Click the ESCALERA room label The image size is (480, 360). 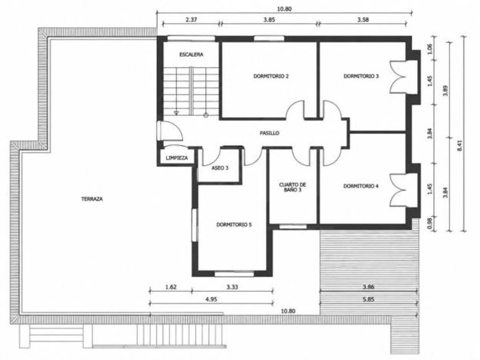(x=191, y=55)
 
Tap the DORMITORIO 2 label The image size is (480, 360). (x=271, y=76)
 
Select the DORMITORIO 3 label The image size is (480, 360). (x=361, y=76)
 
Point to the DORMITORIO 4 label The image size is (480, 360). (x=361, y=186)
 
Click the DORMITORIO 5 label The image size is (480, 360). (x=234, y=225)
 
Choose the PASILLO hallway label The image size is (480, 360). (x=269, y=133)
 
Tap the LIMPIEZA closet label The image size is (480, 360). (x=177, y=158)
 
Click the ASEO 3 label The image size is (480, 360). (x=220, y=168)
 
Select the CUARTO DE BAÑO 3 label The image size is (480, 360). (x=293, y=187)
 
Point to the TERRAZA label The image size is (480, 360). (x=92, y=199)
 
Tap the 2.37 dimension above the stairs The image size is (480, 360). (x=191, y=19)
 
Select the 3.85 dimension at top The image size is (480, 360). (x=269, y=19)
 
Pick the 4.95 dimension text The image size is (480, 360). (x=211, y=299)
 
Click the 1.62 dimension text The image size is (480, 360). (x=171, y=287)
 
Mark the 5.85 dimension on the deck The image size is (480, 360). (x=369, y=299)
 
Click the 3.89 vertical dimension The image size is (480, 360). (x=446, y=90)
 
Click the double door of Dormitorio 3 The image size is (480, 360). (x=399, y=77)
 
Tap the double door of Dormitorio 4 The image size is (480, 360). (x=399, y=190)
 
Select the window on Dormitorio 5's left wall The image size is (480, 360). (x=195, y=225)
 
